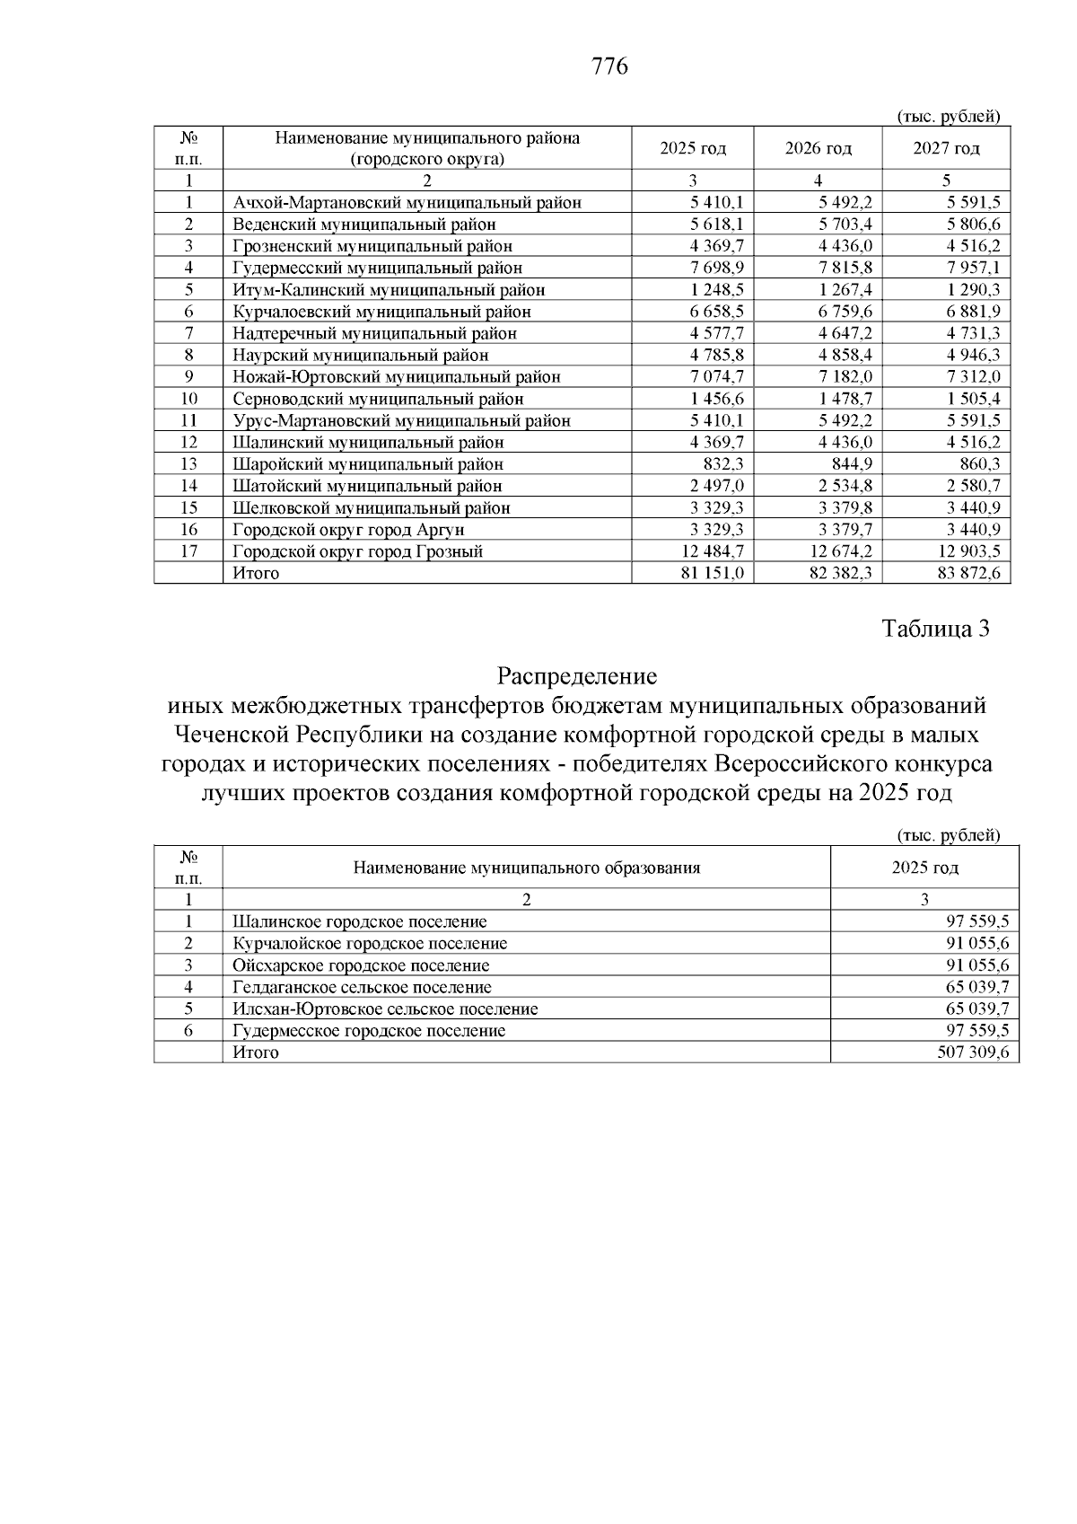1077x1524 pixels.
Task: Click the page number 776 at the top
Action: click(x=609, y=67)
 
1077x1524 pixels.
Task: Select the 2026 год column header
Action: click(x=818, y=148)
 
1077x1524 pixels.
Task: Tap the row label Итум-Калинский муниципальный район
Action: click(x=389, y=290)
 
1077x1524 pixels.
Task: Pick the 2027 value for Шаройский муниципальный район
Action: click(x=980, y=464)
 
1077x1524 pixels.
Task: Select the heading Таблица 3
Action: click(x=935, y=629)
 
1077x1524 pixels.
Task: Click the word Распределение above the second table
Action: click(x=577, y=675)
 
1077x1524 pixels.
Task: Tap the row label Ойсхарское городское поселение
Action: click(x=361, y=965)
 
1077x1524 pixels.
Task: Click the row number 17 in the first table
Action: click(x=188, y=551)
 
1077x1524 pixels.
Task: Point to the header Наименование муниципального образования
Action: click(x=526, y=868)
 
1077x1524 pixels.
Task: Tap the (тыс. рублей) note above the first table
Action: click(x=948, y=117)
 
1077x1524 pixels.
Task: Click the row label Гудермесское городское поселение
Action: click(x=369, y=1031)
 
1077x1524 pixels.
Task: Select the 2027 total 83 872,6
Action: click(x=968, y=573)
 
